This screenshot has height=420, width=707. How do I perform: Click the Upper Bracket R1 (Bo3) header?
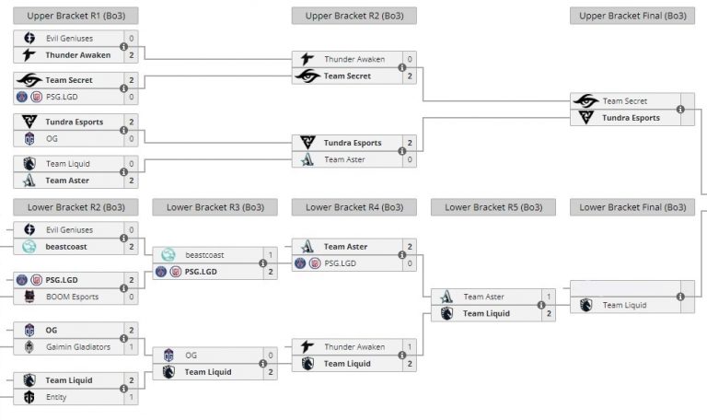pos(75,16)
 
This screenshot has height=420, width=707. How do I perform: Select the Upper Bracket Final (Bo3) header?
pos(632,16)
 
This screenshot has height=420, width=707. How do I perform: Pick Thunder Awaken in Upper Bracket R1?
pos(77,55)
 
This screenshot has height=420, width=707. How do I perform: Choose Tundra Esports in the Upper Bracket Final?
pos(632,118)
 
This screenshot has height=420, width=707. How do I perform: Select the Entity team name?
pos(57,397)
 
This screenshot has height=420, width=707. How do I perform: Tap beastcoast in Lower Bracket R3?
pos(205,255)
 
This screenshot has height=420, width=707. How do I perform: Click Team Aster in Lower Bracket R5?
pos(485,297)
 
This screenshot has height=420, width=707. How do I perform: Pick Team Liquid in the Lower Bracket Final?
pos(624,305)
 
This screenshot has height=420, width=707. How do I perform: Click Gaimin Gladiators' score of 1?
pos(132,346)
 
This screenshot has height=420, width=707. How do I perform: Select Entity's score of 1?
pos(132,397)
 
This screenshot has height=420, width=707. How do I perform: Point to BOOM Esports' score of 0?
pos(132,297)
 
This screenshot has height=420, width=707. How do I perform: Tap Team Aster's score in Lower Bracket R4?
pos(410,247)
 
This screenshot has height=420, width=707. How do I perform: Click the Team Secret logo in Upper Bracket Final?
pos(585,101)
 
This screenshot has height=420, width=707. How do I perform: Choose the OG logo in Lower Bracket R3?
pos(168,356)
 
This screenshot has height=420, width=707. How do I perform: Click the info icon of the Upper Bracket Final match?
pos(680,110)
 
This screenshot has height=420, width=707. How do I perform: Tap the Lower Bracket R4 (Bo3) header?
pos(353,207)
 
